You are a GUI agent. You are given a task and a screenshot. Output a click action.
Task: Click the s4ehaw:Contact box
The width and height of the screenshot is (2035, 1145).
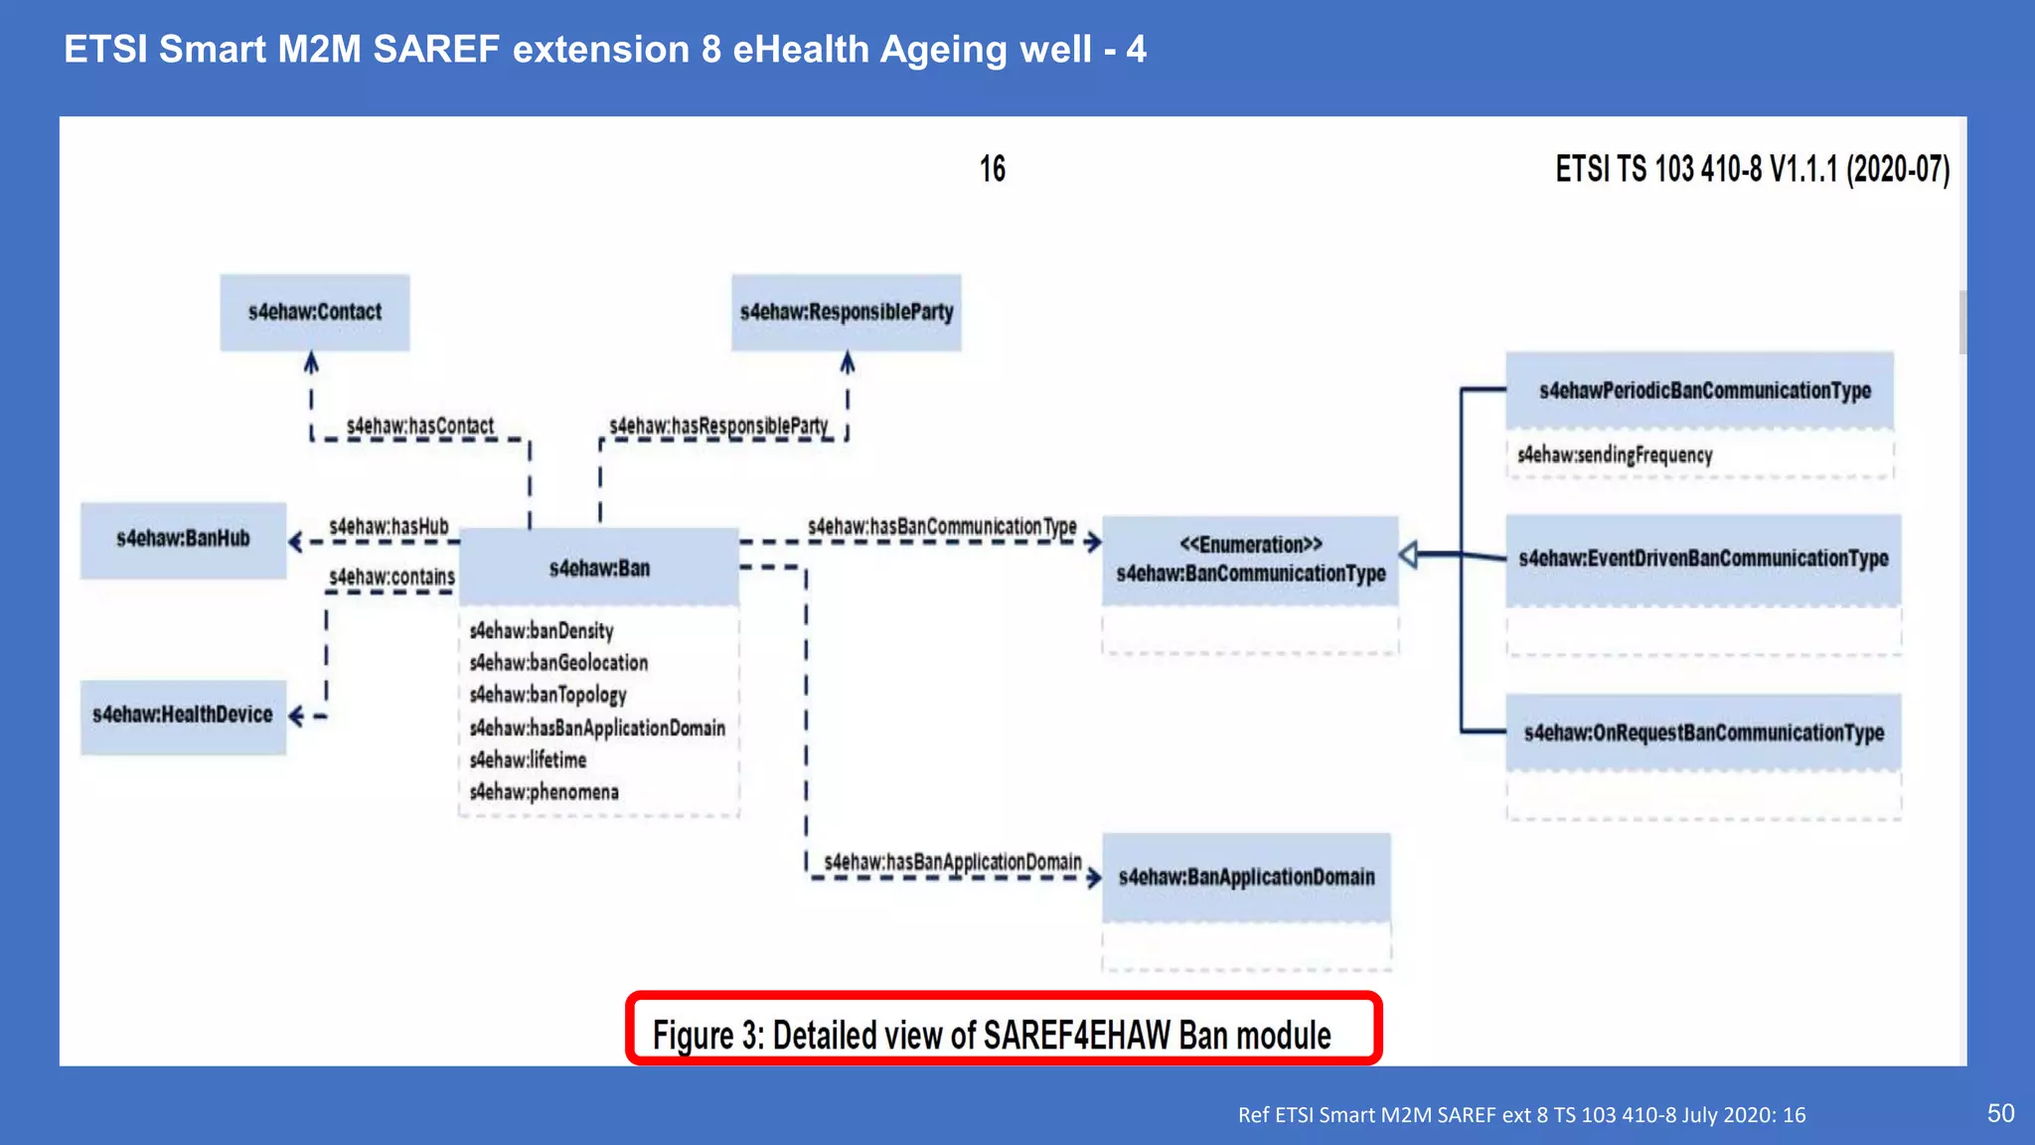314,312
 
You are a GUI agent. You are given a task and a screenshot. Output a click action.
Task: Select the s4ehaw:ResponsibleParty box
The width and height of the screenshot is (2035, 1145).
846,312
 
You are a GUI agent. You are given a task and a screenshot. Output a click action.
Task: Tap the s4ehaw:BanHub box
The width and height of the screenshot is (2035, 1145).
183,539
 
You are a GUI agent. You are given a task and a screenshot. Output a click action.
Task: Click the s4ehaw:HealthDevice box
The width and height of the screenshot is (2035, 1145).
183,715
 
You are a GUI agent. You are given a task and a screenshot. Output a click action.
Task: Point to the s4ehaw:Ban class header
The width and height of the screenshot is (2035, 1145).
599,569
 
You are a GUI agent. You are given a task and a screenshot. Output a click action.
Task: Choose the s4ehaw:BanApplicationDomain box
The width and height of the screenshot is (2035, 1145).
1246,877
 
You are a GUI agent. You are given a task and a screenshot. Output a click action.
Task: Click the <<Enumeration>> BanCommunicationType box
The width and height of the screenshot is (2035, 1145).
1250,560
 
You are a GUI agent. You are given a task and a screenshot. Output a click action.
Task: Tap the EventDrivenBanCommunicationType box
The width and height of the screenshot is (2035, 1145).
1702,559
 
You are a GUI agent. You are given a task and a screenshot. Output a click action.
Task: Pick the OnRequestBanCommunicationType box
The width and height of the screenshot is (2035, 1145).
1703,734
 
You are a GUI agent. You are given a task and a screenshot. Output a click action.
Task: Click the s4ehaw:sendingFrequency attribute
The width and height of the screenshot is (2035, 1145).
1615,455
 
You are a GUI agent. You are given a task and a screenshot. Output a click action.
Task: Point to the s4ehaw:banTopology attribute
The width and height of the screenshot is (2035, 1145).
548,695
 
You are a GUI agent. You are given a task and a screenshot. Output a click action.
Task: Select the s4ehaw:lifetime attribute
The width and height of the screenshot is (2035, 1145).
528,760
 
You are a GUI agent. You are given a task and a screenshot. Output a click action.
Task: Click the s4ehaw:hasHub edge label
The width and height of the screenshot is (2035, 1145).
389,526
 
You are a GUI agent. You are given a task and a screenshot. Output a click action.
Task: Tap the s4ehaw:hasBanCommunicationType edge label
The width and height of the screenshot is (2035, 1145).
941,526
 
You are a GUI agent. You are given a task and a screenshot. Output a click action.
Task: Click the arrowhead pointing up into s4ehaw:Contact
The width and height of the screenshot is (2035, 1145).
311,363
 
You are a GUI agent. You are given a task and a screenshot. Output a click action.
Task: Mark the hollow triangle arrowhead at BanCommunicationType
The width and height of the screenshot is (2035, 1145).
1408,555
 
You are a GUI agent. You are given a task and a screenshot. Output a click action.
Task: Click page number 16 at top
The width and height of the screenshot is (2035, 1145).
992,169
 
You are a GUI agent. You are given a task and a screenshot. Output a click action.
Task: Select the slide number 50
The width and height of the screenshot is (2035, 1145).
2000,1113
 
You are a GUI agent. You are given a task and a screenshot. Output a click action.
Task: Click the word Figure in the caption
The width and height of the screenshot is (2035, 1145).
693,1036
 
